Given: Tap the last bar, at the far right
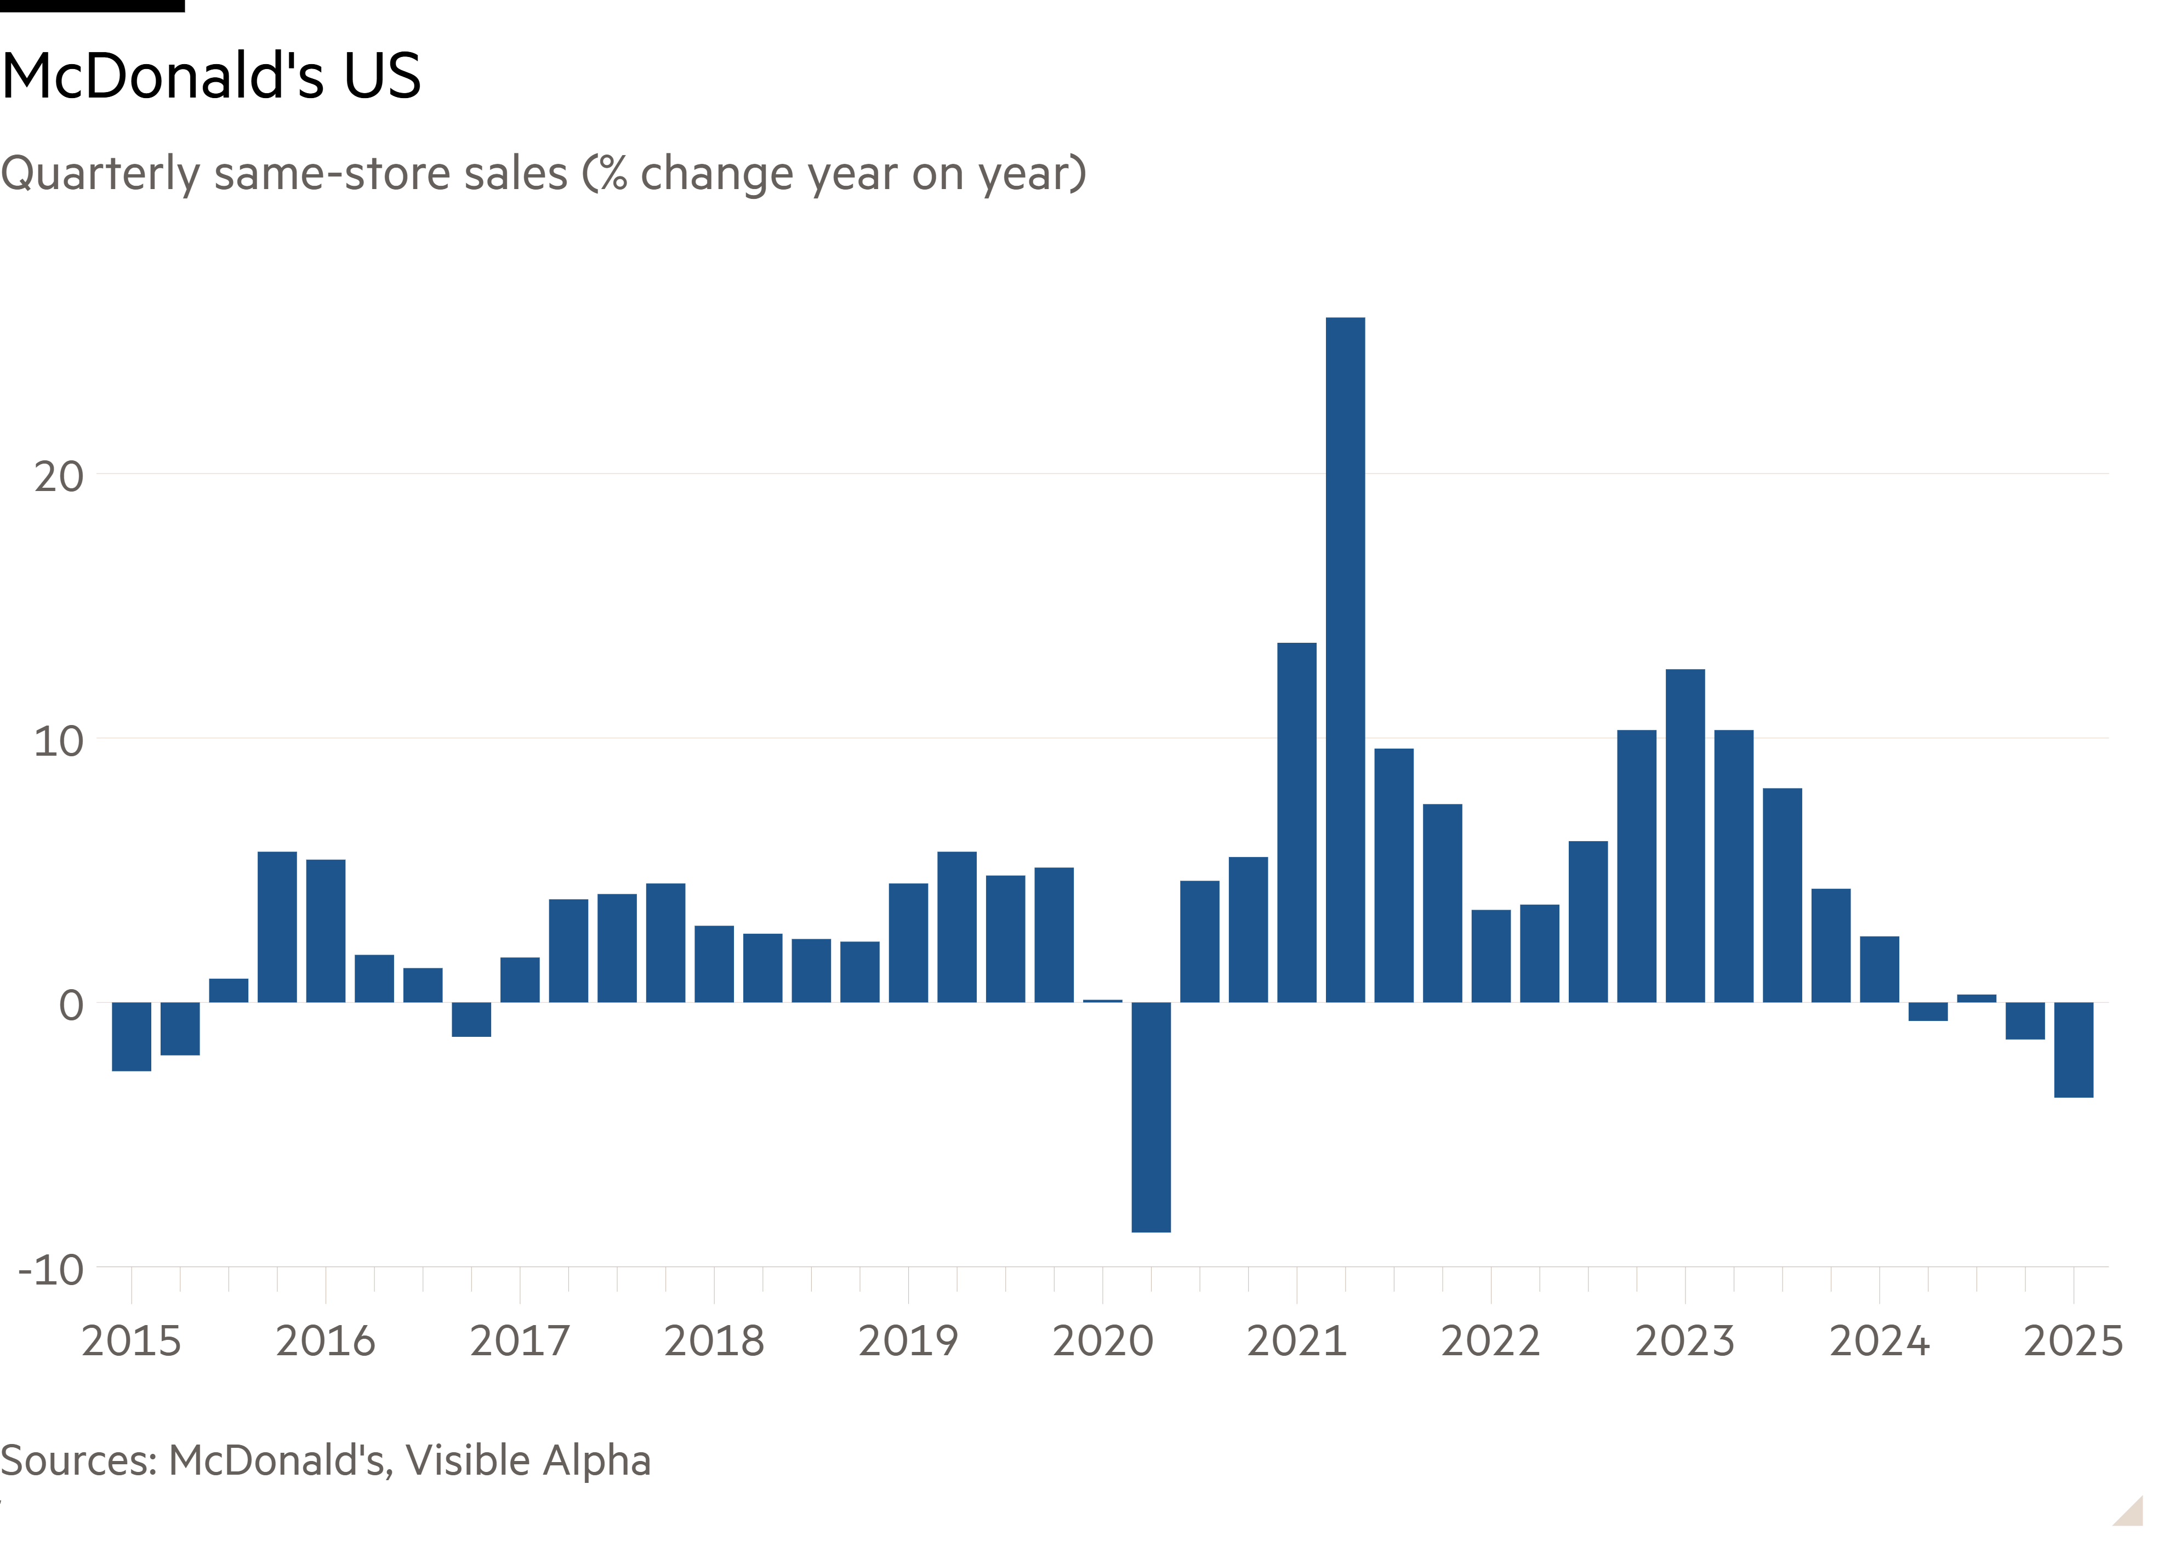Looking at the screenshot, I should coord(2074,1049).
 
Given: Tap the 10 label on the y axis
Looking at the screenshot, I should coord(59,740).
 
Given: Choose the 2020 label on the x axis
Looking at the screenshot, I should coord(1103,1341).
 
